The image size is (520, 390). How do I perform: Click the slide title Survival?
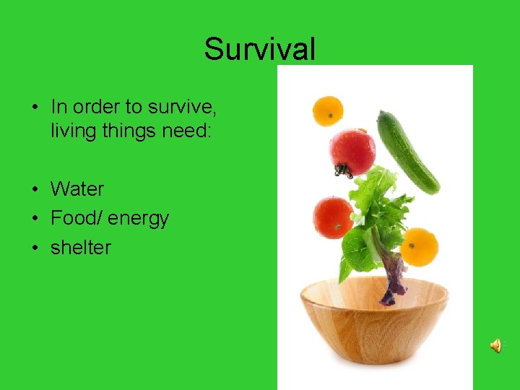259,50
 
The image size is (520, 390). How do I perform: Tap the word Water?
77,189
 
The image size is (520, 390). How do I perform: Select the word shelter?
81,248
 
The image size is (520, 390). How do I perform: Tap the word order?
97,107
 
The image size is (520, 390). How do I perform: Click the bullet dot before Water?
35,191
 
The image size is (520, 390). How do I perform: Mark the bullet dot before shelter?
35,248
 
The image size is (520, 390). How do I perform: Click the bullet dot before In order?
35,108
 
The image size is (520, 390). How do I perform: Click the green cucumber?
407,152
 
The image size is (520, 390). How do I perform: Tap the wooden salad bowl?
374,318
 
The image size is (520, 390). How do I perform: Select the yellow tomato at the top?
327,110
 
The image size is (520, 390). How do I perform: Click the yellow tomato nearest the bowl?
420,246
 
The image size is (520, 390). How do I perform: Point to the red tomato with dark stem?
352,152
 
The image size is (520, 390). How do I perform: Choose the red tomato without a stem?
333,217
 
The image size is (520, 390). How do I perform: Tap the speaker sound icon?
496,346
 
